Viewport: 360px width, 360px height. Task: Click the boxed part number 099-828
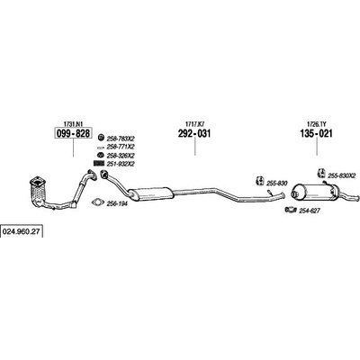click(x=73, y=133)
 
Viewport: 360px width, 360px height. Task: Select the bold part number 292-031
click(x=194, y=133)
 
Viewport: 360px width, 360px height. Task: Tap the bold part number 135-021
click(x=316, y=133)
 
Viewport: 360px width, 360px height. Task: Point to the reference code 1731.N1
click(x=73, y=123)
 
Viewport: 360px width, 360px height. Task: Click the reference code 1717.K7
click(x=194, y=123)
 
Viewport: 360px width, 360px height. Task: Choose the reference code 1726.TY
click(x=317, y=123)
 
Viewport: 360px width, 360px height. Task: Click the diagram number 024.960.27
click(x=22, y=232)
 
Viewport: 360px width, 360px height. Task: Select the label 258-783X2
click(x=121, y=139)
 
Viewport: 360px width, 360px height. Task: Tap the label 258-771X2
click(x=121, y=147)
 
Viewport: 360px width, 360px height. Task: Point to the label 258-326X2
click(x=121, y=156)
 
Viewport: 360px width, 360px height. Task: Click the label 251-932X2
click(x=121, y=164)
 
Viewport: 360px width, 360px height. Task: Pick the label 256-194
click(x=117, y=203)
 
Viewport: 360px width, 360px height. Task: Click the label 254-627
click(x=310, y=211)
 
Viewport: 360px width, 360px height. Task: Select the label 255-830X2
click(x=341, y=175)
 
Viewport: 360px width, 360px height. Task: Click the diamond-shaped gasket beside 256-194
click(x=97, y=202)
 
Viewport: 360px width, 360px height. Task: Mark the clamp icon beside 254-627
click(x=291, y=210)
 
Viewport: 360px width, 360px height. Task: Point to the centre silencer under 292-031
click(x=150, y=193)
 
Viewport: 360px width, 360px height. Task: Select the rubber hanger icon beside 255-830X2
click(x=321, y=174)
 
